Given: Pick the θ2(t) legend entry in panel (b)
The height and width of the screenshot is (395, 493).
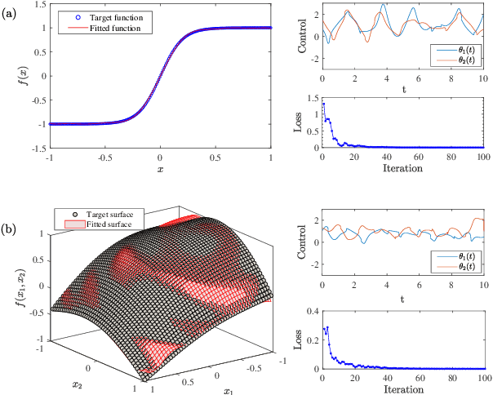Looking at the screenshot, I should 462,267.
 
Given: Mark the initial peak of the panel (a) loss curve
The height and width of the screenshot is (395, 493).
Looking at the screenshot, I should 324,104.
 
